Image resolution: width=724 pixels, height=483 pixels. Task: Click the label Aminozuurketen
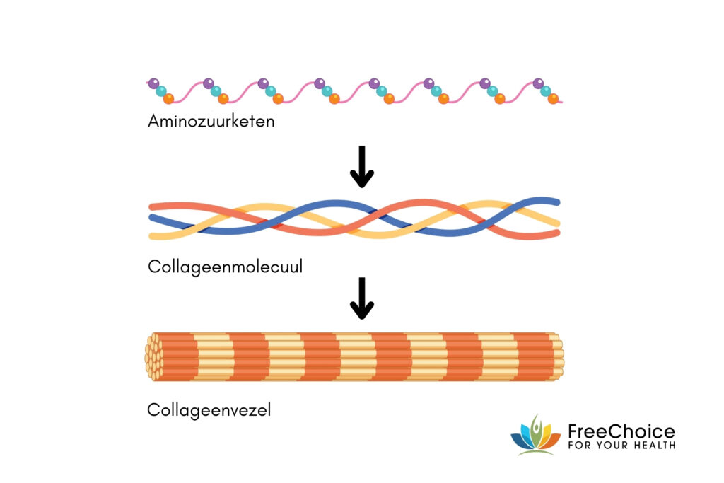coord(211,122)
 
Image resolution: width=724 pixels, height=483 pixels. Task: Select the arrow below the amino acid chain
coord(362,166)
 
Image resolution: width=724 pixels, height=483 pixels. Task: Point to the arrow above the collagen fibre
coord(362,297)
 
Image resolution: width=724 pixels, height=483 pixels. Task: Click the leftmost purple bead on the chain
coord(153,83)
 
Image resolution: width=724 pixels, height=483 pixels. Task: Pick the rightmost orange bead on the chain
coord(553,98)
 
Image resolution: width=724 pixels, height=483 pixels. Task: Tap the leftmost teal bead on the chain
coord(161,91)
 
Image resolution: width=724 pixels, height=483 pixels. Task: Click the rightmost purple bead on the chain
coord(539,83)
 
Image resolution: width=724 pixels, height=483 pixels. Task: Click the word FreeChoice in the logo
coord(621,431)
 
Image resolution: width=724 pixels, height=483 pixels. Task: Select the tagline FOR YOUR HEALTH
coord(621,446)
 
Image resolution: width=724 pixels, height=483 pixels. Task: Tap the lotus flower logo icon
coord(535,435)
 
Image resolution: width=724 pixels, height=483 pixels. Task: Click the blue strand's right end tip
coord(558,202)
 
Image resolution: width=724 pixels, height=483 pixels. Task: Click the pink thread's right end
coord(561,103)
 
